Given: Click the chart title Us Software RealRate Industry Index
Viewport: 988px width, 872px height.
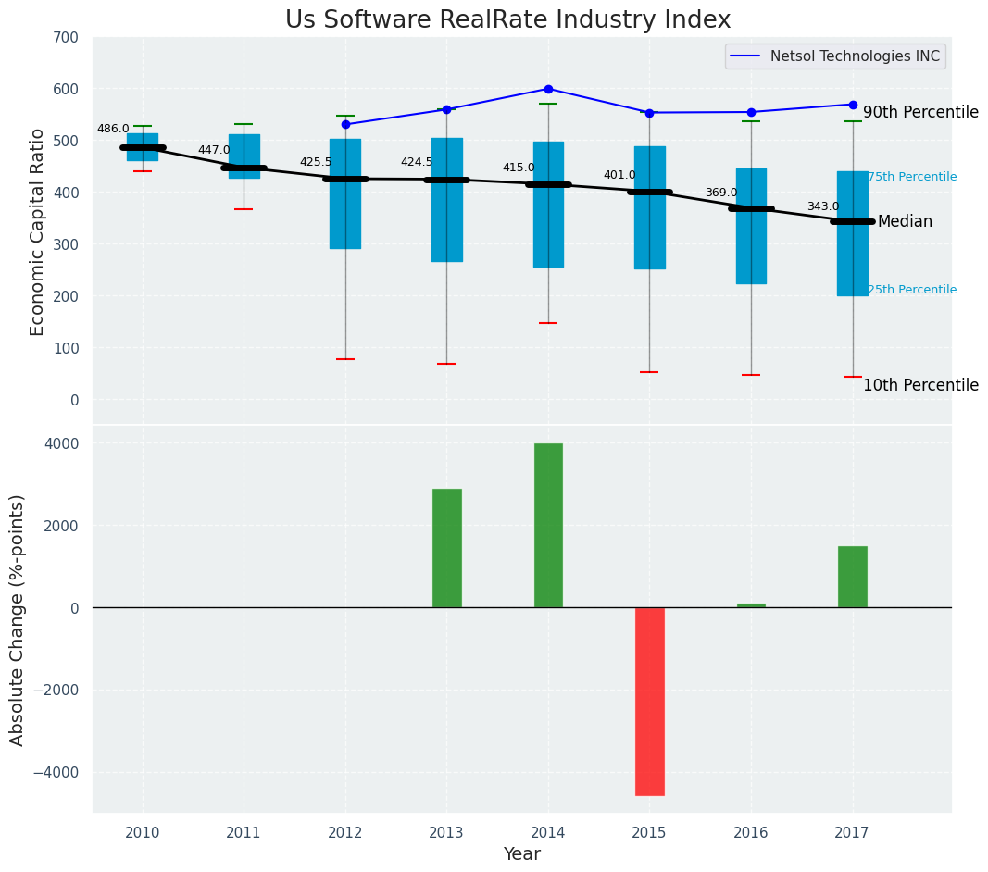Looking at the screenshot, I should (x=507, y=20).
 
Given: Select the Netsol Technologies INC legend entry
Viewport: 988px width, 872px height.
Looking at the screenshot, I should (x=834, y=56).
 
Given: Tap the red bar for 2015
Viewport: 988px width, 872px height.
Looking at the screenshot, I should (x=649, y=701).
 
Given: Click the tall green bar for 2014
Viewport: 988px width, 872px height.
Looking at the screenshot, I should (x=548, y=525).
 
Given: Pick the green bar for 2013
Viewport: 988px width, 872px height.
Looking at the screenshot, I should (x=446, y=548).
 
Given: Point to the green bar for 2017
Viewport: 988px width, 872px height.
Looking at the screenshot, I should (x=852, y=577).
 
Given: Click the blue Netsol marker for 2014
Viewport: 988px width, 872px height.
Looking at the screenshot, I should (x=548, y=89).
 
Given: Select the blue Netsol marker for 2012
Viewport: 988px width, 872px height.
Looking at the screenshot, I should (x=345, y=124).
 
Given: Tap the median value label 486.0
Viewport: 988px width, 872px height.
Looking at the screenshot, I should (x=113, y=130).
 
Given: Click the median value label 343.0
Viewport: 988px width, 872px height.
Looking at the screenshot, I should (x=822, y=207).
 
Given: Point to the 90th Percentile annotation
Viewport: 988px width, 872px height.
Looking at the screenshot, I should (x=920, y=113).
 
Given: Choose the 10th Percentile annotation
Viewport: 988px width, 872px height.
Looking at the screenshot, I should (x=920, y=386).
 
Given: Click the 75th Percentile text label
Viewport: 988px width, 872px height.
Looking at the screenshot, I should (x=911, y=177).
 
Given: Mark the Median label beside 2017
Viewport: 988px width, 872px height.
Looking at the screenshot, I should (x=905, y=222).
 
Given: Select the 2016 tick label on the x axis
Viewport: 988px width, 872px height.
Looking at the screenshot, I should (x=750, y=833).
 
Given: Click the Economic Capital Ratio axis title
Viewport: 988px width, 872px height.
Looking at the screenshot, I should (x=38, y=231).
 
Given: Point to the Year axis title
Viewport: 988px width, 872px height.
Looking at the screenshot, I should (x=521, y=854).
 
